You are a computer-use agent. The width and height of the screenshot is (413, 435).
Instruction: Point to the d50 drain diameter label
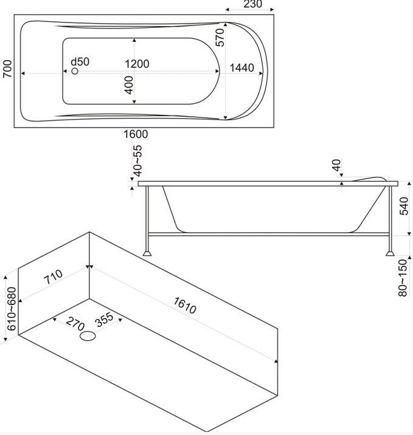80,62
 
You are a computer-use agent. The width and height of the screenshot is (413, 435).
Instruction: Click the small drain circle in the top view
75,72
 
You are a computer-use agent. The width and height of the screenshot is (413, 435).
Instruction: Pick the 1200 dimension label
137,64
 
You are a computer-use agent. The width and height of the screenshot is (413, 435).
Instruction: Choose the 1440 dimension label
241,68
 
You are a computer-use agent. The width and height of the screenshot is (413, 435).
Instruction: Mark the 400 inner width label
128,84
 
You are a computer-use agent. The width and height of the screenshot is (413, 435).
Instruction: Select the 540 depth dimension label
404,208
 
